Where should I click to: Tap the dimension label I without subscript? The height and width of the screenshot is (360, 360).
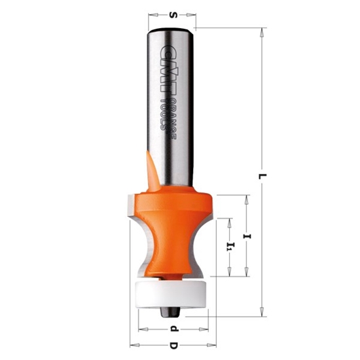[247, 234]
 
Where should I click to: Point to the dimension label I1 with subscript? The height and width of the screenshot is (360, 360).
[229, 247]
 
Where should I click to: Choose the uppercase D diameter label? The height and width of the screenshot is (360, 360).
[173, 344]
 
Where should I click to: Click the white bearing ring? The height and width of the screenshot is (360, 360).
[170, 292]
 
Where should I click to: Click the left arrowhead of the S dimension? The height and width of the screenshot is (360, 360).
[151, 12]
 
